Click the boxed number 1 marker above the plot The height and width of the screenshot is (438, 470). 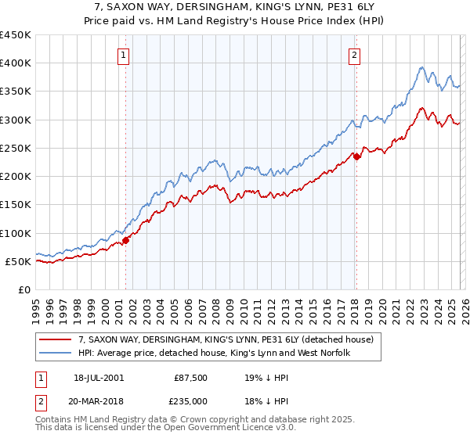[125, 55]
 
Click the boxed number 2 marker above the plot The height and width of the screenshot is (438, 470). [355, 55]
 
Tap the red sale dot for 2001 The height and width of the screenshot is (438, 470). [125, 240]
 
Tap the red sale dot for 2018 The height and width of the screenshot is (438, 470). [356, 156]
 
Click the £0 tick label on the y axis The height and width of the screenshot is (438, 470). [24, 289]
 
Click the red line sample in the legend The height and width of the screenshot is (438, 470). [57, 339]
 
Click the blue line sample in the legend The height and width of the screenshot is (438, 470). [57, 354]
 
